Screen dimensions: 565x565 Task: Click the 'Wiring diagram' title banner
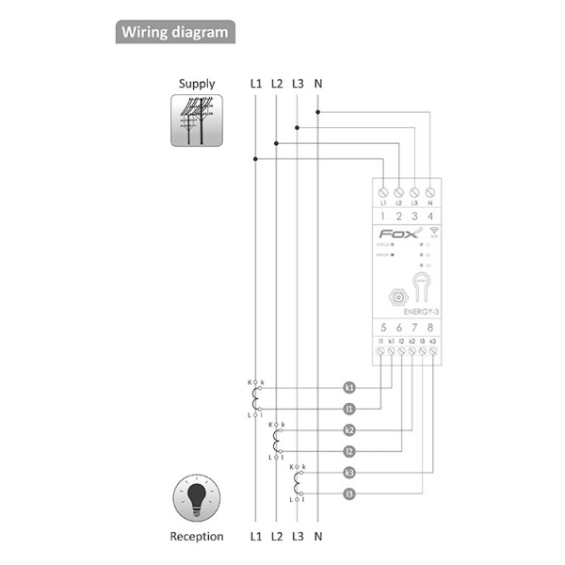[175, 32]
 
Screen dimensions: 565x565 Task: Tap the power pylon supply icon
[196, 121]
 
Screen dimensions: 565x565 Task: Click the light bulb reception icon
[196, 497]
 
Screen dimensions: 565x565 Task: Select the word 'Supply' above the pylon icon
[196, 84]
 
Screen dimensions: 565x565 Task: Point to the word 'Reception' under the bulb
[196, 537]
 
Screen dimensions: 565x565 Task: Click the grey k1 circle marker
[349, 387]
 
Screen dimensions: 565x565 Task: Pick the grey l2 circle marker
[349, 451]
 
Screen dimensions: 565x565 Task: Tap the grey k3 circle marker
[349, 473]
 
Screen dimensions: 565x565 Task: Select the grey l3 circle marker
[349, 494]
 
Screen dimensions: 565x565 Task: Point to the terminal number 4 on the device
[430, 216]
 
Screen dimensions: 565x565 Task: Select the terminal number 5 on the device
[382, 328]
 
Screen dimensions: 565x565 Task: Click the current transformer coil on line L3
[299, 483]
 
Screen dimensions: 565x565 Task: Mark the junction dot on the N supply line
[318, 111]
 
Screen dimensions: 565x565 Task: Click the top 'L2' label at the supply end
[277, 84]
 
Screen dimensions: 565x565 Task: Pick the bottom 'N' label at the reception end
[318, 537]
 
